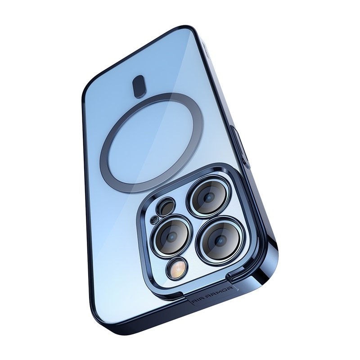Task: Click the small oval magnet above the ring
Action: (139, 87)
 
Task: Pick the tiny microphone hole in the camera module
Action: (153, 220)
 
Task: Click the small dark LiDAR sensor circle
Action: (165, 207)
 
